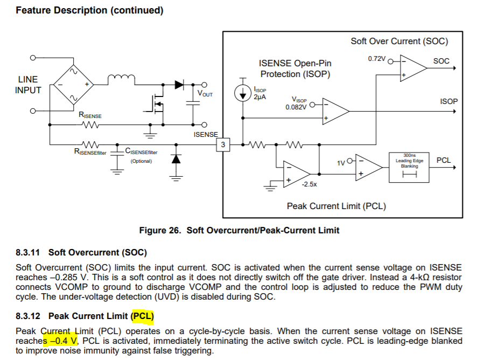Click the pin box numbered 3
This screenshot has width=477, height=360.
coord(223,144)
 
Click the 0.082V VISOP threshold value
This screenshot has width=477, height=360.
coord(296,107)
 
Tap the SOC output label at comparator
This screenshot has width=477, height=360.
coord(441,61)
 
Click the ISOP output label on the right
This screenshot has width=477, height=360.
coord(448,101)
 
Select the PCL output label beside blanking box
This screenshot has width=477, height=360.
coord(444,160)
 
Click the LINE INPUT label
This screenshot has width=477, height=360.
coord(28,85)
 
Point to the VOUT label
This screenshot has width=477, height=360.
coord(205,94)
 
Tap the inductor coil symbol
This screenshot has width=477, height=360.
coord(121,80)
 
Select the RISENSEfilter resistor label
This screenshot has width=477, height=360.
coord(90,153)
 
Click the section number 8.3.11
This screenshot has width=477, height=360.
coord(30,252)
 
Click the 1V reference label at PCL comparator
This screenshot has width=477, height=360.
coord(342,162)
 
